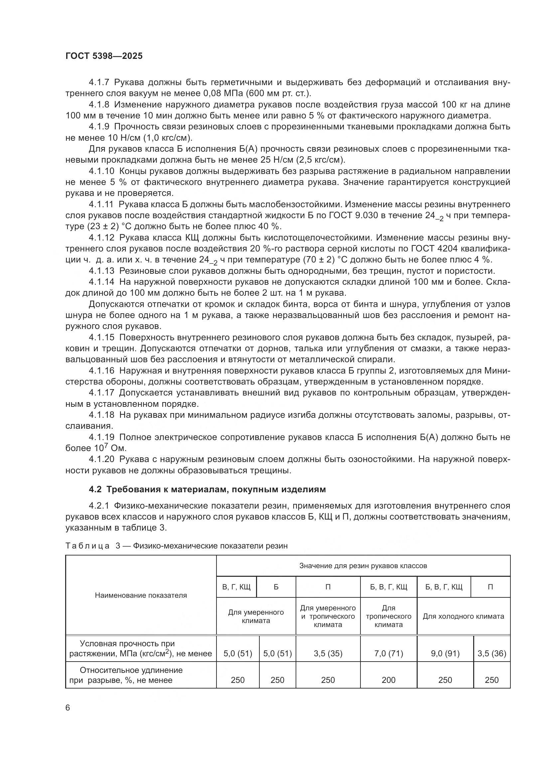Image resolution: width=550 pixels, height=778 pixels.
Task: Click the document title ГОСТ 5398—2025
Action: point(104,56)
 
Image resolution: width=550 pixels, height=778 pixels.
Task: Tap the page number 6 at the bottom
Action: point(68,707)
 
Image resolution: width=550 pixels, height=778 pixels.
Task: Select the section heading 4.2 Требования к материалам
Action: point(207,489)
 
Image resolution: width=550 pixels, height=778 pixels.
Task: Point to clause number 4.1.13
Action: point(102,271)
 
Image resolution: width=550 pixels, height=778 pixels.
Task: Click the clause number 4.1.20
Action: point(102,459)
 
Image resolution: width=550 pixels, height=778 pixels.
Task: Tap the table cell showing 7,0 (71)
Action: point(388,653)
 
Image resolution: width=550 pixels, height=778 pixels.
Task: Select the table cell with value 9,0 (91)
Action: point(445,653)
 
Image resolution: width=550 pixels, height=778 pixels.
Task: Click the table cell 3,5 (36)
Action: point(491,653)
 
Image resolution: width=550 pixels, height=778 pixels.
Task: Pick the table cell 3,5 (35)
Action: point(328,653)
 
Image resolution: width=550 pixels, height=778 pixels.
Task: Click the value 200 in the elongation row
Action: point(388,680)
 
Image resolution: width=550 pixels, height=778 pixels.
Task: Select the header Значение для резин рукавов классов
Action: point(363,565)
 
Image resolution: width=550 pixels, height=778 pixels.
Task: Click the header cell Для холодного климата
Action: point(463,616)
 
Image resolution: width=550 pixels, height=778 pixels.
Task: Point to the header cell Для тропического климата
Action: point(388,616)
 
